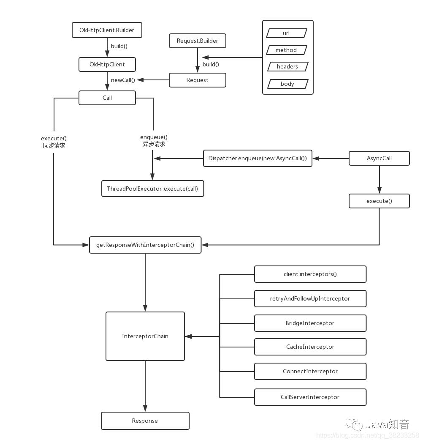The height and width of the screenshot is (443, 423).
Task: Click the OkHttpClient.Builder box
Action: [x=107, y=30]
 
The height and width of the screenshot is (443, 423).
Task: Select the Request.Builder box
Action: [x=197, y=41]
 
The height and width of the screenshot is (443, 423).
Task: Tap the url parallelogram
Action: [x=287, y=33]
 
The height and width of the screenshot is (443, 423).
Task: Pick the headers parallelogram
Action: [x=287, y=67]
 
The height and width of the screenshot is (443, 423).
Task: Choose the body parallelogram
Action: [x=287, y=84]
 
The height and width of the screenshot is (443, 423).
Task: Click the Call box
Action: [x=107, y=98]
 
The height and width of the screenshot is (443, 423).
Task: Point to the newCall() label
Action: [x=123, y=80]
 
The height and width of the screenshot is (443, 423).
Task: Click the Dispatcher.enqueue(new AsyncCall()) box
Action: [x=258, y=159]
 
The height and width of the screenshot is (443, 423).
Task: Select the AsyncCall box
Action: [x=379, y=159]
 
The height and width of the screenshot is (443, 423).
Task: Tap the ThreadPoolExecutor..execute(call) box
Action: [x=152, y=189]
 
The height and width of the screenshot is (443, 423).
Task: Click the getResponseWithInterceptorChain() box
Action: [x=145, y=245]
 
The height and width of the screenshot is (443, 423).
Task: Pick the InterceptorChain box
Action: [x=145, y=336]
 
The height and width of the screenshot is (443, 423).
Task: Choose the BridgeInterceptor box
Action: [x=310, y=323]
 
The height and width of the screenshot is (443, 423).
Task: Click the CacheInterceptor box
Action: [x=310, y=347]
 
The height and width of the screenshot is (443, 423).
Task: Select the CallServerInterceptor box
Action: [x=310, y=397]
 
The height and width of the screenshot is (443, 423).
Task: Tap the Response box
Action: [x=145, y=421]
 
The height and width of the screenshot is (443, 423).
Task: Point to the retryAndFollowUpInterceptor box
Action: [x=310, y=299]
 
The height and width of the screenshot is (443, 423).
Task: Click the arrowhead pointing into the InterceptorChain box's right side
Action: [x=188, y=336]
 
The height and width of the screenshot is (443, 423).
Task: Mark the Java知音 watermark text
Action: [x=387, y=424]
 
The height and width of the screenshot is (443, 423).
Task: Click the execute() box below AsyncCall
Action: [x=379, y=201]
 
